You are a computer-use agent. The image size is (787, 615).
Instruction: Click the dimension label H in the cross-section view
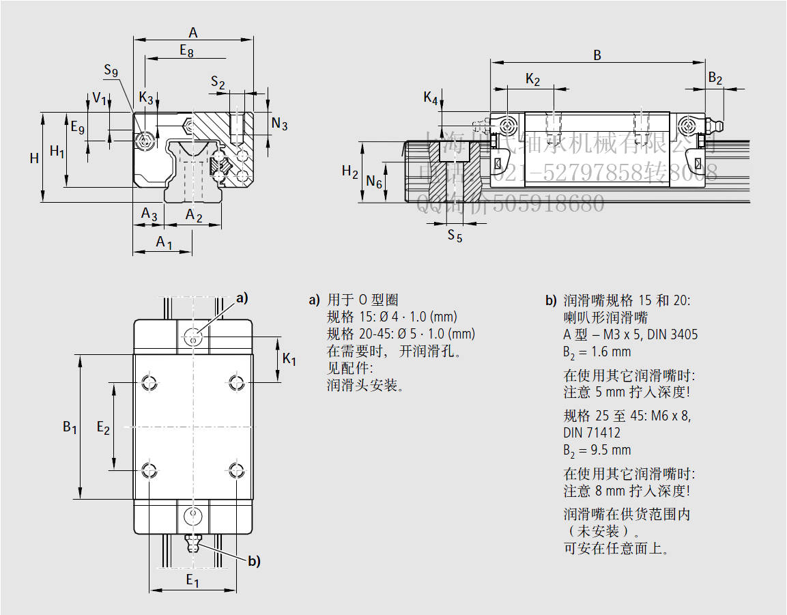34,158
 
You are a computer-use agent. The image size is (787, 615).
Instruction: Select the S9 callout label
111,70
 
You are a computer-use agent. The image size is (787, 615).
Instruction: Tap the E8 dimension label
186,50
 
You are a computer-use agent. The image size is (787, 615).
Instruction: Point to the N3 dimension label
279,124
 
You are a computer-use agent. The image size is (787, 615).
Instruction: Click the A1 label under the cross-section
164,242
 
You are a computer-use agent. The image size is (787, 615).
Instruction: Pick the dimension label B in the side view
597,55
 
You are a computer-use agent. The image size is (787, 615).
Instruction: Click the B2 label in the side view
715,78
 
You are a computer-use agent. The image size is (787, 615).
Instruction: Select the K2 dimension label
533,80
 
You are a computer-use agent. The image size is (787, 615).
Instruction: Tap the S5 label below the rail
455,236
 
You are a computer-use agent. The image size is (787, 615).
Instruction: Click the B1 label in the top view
70,427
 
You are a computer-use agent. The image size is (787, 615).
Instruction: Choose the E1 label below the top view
192,581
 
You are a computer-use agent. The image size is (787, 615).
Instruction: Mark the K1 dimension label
289,359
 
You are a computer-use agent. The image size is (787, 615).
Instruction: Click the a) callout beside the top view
242,298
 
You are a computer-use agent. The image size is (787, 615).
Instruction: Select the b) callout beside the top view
254,562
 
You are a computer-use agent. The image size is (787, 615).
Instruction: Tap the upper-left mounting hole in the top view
149,382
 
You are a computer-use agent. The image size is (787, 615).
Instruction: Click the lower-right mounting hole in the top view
236,470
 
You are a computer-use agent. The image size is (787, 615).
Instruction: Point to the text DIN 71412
592,433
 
